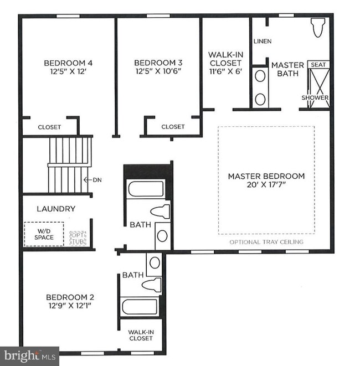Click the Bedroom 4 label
[x=68, y=63]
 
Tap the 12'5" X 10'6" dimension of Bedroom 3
[x=158, y=71]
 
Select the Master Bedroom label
[x=266, y=176]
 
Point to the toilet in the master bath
[x=318, y=28]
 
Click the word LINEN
[x=263, y=42]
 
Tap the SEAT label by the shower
[x=318, y=65]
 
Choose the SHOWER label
[x=315, y=97]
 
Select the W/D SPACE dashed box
[x=44, y=234]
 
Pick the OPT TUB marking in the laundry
[x=78, y=238]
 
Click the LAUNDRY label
[x=56, y=209]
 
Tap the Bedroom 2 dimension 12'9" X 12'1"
[x=70, y=306]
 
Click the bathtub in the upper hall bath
[x=146, y=189]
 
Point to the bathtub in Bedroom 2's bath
[x=140, y=307]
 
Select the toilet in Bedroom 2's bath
[x=152, y=285]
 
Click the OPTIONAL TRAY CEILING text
[x=266, y=242]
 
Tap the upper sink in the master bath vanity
[x=260, y=76]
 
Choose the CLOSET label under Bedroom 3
[x=173, y=127]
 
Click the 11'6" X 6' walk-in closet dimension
[x=225, y=71]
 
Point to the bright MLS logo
[x=30, y=356]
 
